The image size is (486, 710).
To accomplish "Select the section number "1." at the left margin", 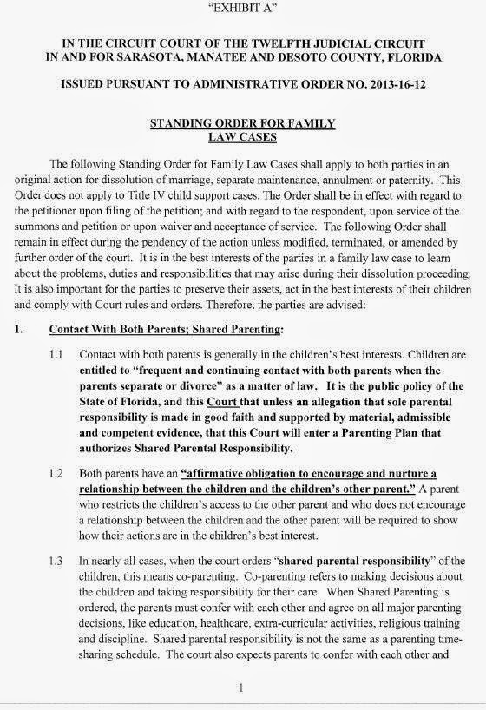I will (x=18, y=331).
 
